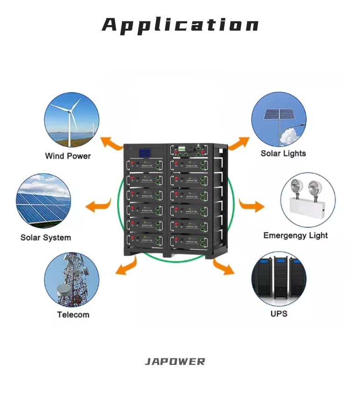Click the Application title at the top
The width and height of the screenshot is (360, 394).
point(180,25)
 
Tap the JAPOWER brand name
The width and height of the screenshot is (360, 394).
point(175,362)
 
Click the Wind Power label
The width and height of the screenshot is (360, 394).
point(68,156)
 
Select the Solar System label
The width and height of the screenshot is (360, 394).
point(46,237)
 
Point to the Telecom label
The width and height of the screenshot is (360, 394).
point(73,314)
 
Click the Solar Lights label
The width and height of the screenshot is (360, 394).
point(283,153)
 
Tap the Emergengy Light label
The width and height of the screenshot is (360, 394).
point(295,235)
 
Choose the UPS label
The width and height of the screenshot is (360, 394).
point(279,313)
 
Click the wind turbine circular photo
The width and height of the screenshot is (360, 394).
point(72,120)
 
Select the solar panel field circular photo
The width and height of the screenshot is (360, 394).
point(43,201)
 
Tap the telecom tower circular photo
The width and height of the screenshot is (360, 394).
point(72,280)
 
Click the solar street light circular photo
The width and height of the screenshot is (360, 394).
point(279,119)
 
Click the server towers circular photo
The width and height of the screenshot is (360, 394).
point(279,279)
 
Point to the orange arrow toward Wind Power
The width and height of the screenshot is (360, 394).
point(111,143)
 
